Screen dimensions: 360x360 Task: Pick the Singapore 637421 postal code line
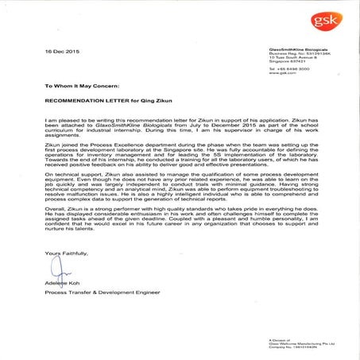coord(287,62)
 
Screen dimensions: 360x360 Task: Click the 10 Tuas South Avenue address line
coord(291,57)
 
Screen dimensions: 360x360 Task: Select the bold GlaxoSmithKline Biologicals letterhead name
coord(299,47)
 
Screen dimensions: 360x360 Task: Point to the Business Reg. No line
coord(298,52)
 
